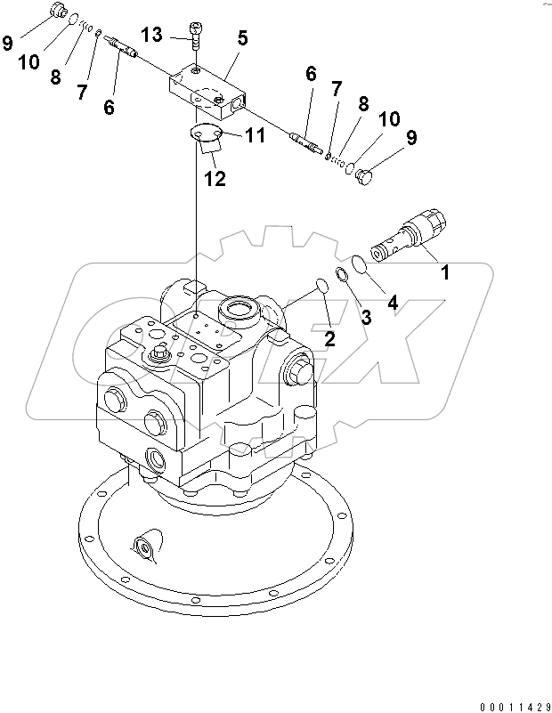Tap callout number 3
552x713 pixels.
(365, 317)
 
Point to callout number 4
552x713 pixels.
(392, 304)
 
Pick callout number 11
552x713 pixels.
(256, 135)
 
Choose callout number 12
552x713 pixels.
(214, 178)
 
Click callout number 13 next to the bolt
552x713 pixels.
(152, 35)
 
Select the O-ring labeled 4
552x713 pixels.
(358, 264)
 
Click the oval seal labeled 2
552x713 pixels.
(321, 287)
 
